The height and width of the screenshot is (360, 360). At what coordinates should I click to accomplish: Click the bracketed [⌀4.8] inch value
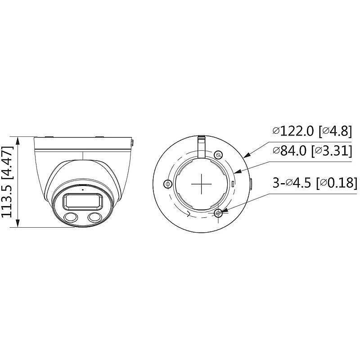click(x=334, y=131)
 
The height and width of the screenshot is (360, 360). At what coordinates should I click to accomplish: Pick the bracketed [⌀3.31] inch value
click(x=332, y=151)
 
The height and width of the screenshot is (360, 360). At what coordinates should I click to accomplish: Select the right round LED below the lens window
click(x=94, y=218)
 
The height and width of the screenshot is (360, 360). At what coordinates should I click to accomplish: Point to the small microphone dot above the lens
click(x=82, y=190)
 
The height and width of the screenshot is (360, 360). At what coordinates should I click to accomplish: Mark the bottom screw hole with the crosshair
click(x=219, y=213)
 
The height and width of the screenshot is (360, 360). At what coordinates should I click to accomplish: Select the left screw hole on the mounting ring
click(x=168, y=184)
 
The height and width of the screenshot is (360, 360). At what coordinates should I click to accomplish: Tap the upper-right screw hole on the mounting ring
click(x=218, y=155)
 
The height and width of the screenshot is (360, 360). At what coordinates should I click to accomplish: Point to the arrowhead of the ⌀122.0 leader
click(x=245, y=156)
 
